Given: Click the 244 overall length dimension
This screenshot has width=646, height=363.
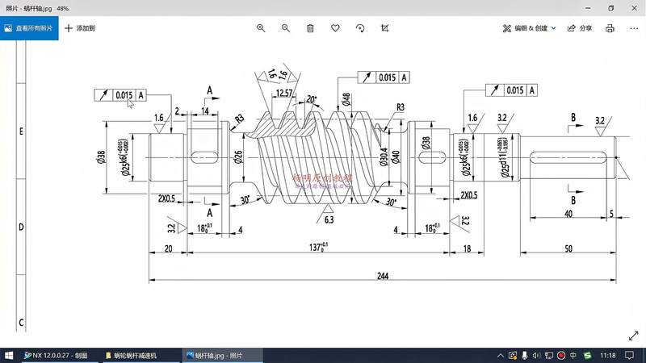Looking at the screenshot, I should tap(382, 276).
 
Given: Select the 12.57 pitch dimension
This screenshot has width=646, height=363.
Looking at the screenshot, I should tap(283, 94).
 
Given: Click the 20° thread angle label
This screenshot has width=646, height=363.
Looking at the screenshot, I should tap(312, 100).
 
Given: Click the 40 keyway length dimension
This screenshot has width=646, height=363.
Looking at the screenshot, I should tap(568, 215).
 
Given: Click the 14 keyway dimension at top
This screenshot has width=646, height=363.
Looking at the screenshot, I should tap(206, 111).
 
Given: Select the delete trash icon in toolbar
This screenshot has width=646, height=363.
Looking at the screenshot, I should tap(310, 27).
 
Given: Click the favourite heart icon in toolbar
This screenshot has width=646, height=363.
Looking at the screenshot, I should tap(335, 27).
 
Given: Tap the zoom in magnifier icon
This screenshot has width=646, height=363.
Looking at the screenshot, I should tap(261, 27).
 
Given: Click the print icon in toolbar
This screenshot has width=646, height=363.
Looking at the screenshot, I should tap(610, 27).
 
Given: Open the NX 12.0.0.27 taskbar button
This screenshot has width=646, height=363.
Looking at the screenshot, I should tap(60, 355).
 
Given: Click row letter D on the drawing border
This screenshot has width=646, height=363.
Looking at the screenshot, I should tap(21, 228).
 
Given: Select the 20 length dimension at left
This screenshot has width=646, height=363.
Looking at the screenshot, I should tap(168, 249).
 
